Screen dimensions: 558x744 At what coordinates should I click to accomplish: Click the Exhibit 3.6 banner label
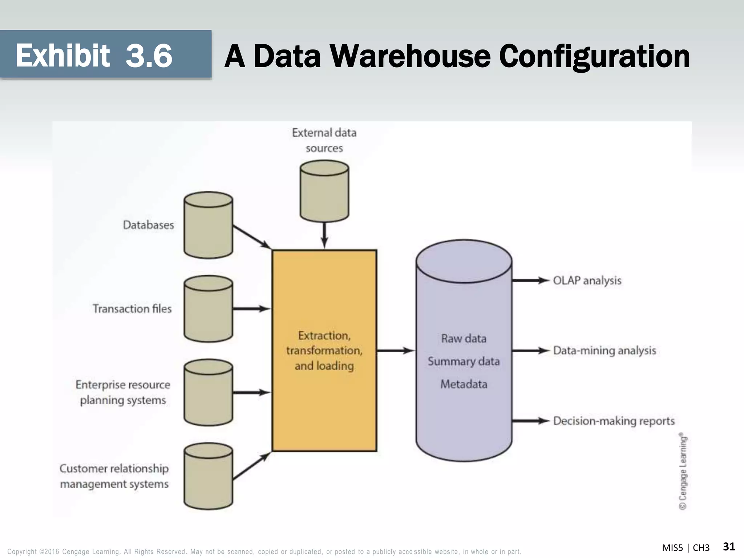click(x=94, y=55)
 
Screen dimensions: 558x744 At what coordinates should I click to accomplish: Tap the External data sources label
click(x=324, y=140)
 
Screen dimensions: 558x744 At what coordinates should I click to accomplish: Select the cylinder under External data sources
click(x=324, y=191)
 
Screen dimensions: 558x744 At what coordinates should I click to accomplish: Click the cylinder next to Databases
click(x=208, y=225)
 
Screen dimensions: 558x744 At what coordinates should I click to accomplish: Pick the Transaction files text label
click(x=132, y=309)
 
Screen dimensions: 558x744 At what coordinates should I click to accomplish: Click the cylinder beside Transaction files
click(x=208, y=309)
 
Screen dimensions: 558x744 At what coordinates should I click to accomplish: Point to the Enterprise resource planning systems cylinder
click(x=208, y=392)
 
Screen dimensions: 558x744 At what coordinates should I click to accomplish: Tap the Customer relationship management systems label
click(x=114, y=476)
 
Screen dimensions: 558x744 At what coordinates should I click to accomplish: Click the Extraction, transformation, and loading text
click(x=324, y=350)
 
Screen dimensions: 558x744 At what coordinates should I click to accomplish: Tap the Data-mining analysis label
click(x=604, y=351)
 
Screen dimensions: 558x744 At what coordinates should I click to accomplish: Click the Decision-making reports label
click(x=614, y=421)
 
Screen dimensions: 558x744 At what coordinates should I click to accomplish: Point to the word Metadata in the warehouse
click(x=464, y=384)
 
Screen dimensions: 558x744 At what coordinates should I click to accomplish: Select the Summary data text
click(x=464, y=361)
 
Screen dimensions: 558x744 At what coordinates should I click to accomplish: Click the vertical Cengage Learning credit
click(x=683, y=471)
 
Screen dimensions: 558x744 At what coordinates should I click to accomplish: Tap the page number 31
click(x=729, y=547)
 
